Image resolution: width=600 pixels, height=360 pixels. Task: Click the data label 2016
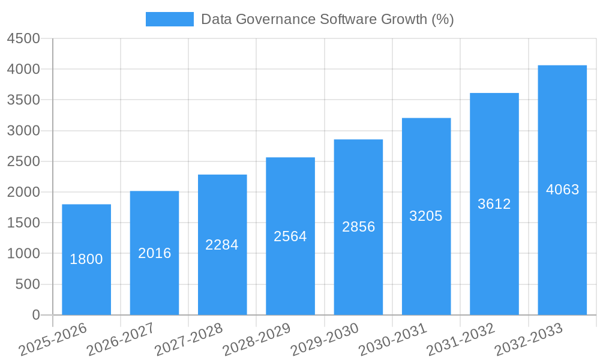[155, 253]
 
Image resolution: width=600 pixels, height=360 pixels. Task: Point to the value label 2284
[222, 245]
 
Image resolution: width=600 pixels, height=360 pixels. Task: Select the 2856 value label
[358, 227]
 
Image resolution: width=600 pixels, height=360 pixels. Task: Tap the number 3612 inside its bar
[494, 204]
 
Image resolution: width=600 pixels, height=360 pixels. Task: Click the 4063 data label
[562, 190]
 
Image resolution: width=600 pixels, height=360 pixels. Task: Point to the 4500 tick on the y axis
[23, 38]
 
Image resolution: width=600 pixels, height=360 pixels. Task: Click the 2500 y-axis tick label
[23, 161]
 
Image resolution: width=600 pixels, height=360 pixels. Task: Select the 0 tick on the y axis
[35, 315]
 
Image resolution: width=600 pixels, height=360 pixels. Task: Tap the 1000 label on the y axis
[23, 254]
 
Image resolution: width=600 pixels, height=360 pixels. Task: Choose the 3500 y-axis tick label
[23, 100]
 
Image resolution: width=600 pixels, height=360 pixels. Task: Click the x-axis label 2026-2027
[121, 340]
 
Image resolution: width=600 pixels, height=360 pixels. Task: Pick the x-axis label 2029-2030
[325, 340]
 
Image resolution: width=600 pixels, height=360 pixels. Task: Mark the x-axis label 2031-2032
[461, 340]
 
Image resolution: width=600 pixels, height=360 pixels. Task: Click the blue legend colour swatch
[170, 19]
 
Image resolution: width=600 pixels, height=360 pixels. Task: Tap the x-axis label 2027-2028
[188, 340]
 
